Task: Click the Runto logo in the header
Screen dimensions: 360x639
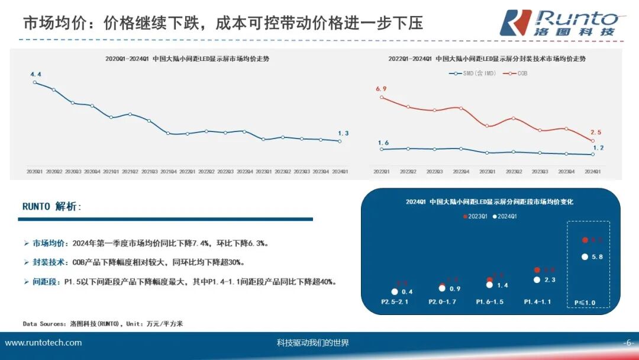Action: point(559,22)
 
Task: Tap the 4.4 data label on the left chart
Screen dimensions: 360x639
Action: point(35,74)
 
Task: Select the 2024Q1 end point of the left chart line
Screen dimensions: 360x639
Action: point(340,141)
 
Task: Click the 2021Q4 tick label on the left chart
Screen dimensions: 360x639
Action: point(167,171)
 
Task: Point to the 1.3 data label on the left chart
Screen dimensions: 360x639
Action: point(343,133)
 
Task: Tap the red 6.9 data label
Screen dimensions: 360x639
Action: point(381,89)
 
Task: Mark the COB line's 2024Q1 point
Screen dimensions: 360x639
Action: point(592,141)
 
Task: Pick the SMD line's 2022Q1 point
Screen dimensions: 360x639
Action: point(382,149)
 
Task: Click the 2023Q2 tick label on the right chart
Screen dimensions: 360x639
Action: point(514,172)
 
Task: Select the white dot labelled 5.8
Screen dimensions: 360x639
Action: point(585,256)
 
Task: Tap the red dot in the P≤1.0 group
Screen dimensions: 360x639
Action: point(585,240)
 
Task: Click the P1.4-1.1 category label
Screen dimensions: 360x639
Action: point(537,302)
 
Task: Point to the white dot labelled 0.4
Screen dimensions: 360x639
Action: point(395,291)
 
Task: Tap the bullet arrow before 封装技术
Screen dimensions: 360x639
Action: point(26,262)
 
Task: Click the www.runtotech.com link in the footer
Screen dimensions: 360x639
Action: point(44,343)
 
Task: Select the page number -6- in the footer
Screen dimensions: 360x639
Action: point(628,343)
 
